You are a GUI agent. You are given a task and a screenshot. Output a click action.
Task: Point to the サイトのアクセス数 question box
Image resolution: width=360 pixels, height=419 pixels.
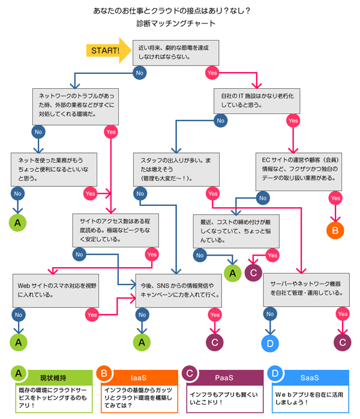[114, 229]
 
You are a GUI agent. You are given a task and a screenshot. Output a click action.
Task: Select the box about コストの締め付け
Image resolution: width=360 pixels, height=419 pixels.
[236, 231]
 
